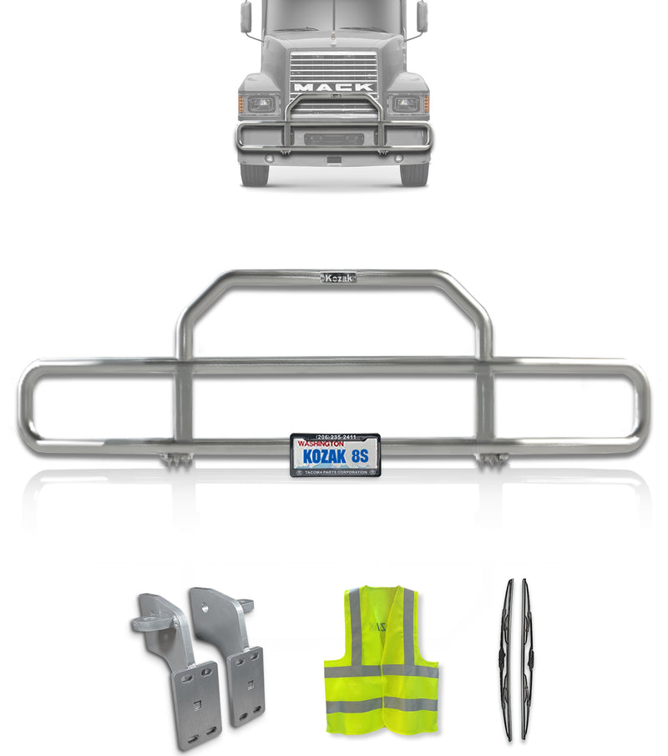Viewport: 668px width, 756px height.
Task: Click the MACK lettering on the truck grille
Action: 333,87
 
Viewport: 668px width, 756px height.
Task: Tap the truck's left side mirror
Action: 245,16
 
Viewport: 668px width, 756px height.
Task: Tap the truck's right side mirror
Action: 422,16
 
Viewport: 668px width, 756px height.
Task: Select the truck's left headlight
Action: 261,104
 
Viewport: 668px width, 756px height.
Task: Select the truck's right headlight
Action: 406,104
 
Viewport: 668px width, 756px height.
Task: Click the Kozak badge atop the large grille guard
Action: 338,277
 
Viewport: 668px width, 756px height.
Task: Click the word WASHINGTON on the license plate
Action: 321,444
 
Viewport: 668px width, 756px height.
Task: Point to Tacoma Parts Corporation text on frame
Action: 336,472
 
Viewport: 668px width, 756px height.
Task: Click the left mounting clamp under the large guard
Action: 176,459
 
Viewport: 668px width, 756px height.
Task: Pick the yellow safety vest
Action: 381,660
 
